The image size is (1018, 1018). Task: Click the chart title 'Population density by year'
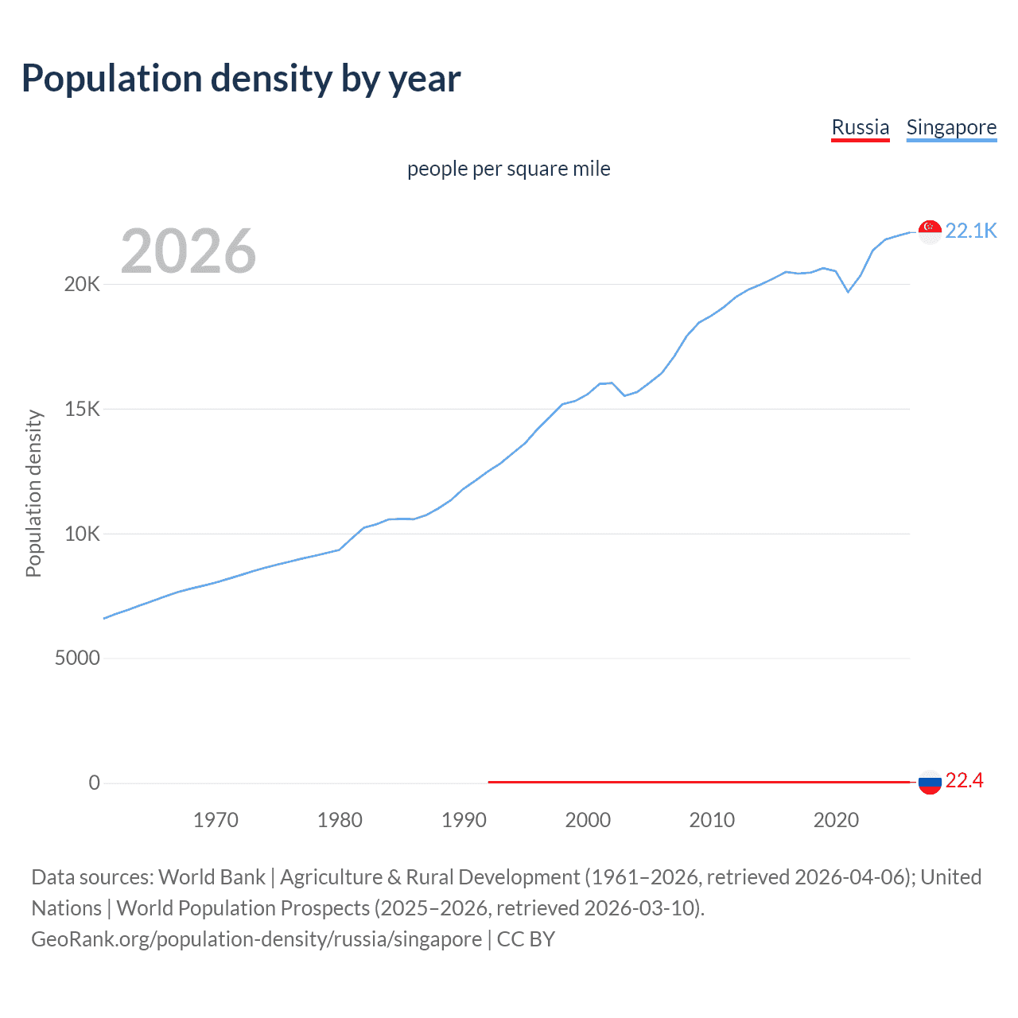(241, 79)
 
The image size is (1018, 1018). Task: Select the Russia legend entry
(860, 127)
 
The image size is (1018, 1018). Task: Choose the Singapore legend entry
(951, 127)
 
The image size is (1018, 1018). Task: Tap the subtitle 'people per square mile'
(508, 169)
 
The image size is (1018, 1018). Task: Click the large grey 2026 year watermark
(188, 251)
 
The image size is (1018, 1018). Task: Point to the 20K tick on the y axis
(82, 284)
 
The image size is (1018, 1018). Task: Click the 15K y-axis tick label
(82, 409)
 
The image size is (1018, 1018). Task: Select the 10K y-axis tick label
(82, 534)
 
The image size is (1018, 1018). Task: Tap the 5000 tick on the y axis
(77, 658)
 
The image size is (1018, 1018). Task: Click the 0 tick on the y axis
(94, 783)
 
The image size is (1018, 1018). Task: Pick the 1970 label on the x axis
(216, 820)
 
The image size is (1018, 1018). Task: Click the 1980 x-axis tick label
(340, 820)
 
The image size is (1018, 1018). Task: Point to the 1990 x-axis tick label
(464, 820)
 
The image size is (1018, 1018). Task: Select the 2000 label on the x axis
(588, 820)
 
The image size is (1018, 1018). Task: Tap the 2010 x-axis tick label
(712, 820)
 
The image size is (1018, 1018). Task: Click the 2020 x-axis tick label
(836, 820)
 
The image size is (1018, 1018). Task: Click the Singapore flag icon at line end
(930, 231)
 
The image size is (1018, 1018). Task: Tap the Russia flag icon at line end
(930, 782)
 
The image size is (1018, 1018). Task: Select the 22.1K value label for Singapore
(970, 231)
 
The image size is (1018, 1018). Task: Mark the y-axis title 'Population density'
(33, 493)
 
